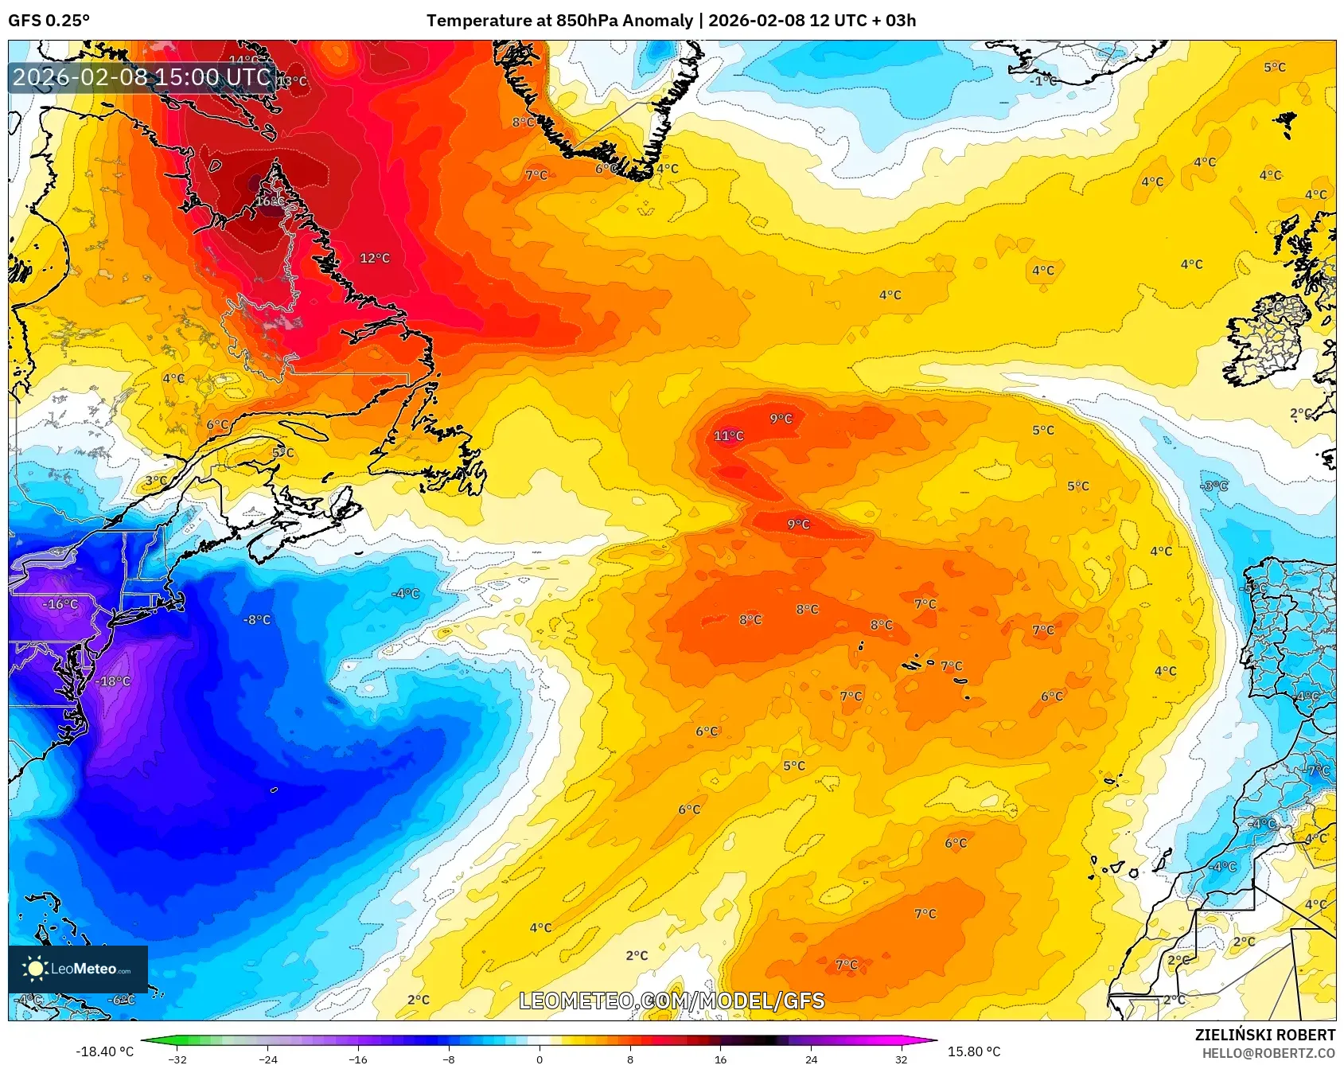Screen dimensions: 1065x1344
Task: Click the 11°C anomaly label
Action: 728,435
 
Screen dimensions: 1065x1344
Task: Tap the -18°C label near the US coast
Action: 112,681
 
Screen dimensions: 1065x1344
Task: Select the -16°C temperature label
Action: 60,604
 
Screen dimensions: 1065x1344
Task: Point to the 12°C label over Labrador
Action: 375,258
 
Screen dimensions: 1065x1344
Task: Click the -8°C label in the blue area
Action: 256,619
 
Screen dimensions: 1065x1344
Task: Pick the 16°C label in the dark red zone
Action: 269,201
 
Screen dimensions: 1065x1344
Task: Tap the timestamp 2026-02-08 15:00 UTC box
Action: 142,77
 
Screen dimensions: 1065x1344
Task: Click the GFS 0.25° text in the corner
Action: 49,21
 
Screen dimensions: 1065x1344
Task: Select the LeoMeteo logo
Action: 77,969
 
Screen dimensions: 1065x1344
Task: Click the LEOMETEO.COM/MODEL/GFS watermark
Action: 672,1001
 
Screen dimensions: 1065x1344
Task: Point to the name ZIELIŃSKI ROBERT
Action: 1264,1035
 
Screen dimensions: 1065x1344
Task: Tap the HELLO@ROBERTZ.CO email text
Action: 1268,1053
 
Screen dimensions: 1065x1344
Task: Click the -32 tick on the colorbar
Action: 177,1059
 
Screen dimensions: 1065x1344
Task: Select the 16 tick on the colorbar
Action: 720,1059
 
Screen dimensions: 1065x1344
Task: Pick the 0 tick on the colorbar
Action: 540,1059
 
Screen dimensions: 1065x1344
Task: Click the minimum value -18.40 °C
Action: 104,1051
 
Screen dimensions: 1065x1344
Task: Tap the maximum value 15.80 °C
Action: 973,1051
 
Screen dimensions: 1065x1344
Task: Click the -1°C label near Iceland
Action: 1043,80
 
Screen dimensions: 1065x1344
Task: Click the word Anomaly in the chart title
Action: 657,21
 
